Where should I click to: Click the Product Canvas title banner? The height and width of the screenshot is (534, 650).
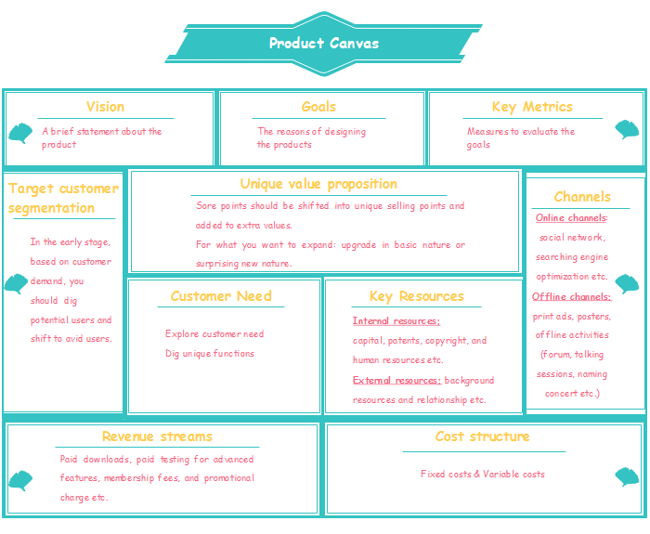coord(324,44)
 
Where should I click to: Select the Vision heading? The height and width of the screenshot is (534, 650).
coord(105,107)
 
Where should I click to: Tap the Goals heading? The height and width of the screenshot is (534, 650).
coord(318,107)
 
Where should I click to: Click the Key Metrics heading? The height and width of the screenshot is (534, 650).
coord(532,107)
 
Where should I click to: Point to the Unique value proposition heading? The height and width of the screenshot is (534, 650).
coord(318,184)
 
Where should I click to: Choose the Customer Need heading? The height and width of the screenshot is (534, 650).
coord(221,296)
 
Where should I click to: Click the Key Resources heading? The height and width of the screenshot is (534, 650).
coord(416,296)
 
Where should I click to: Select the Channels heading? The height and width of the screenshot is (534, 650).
coord(582,196)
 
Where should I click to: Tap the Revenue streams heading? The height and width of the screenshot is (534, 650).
coord(157,436)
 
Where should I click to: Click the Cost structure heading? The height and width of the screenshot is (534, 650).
coord(483,436)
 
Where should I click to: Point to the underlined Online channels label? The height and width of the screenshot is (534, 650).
coord(570,218)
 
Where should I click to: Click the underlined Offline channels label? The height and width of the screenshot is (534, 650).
coord(571,297)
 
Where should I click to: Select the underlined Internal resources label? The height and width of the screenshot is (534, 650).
coord(396,321)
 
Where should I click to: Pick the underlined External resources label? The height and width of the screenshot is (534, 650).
coord(396,381)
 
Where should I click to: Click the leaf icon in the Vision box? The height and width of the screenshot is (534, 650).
coord(19,134)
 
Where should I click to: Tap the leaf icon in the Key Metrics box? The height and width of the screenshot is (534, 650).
coord(627,129)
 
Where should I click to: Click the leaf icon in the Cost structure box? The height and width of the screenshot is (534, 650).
coord(627,476)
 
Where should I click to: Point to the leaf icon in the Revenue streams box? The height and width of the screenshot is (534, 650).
coord(19,480)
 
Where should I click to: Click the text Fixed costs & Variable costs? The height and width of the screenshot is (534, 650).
coord(483,475)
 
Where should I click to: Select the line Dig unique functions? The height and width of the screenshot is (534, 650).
coord(210,354)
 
